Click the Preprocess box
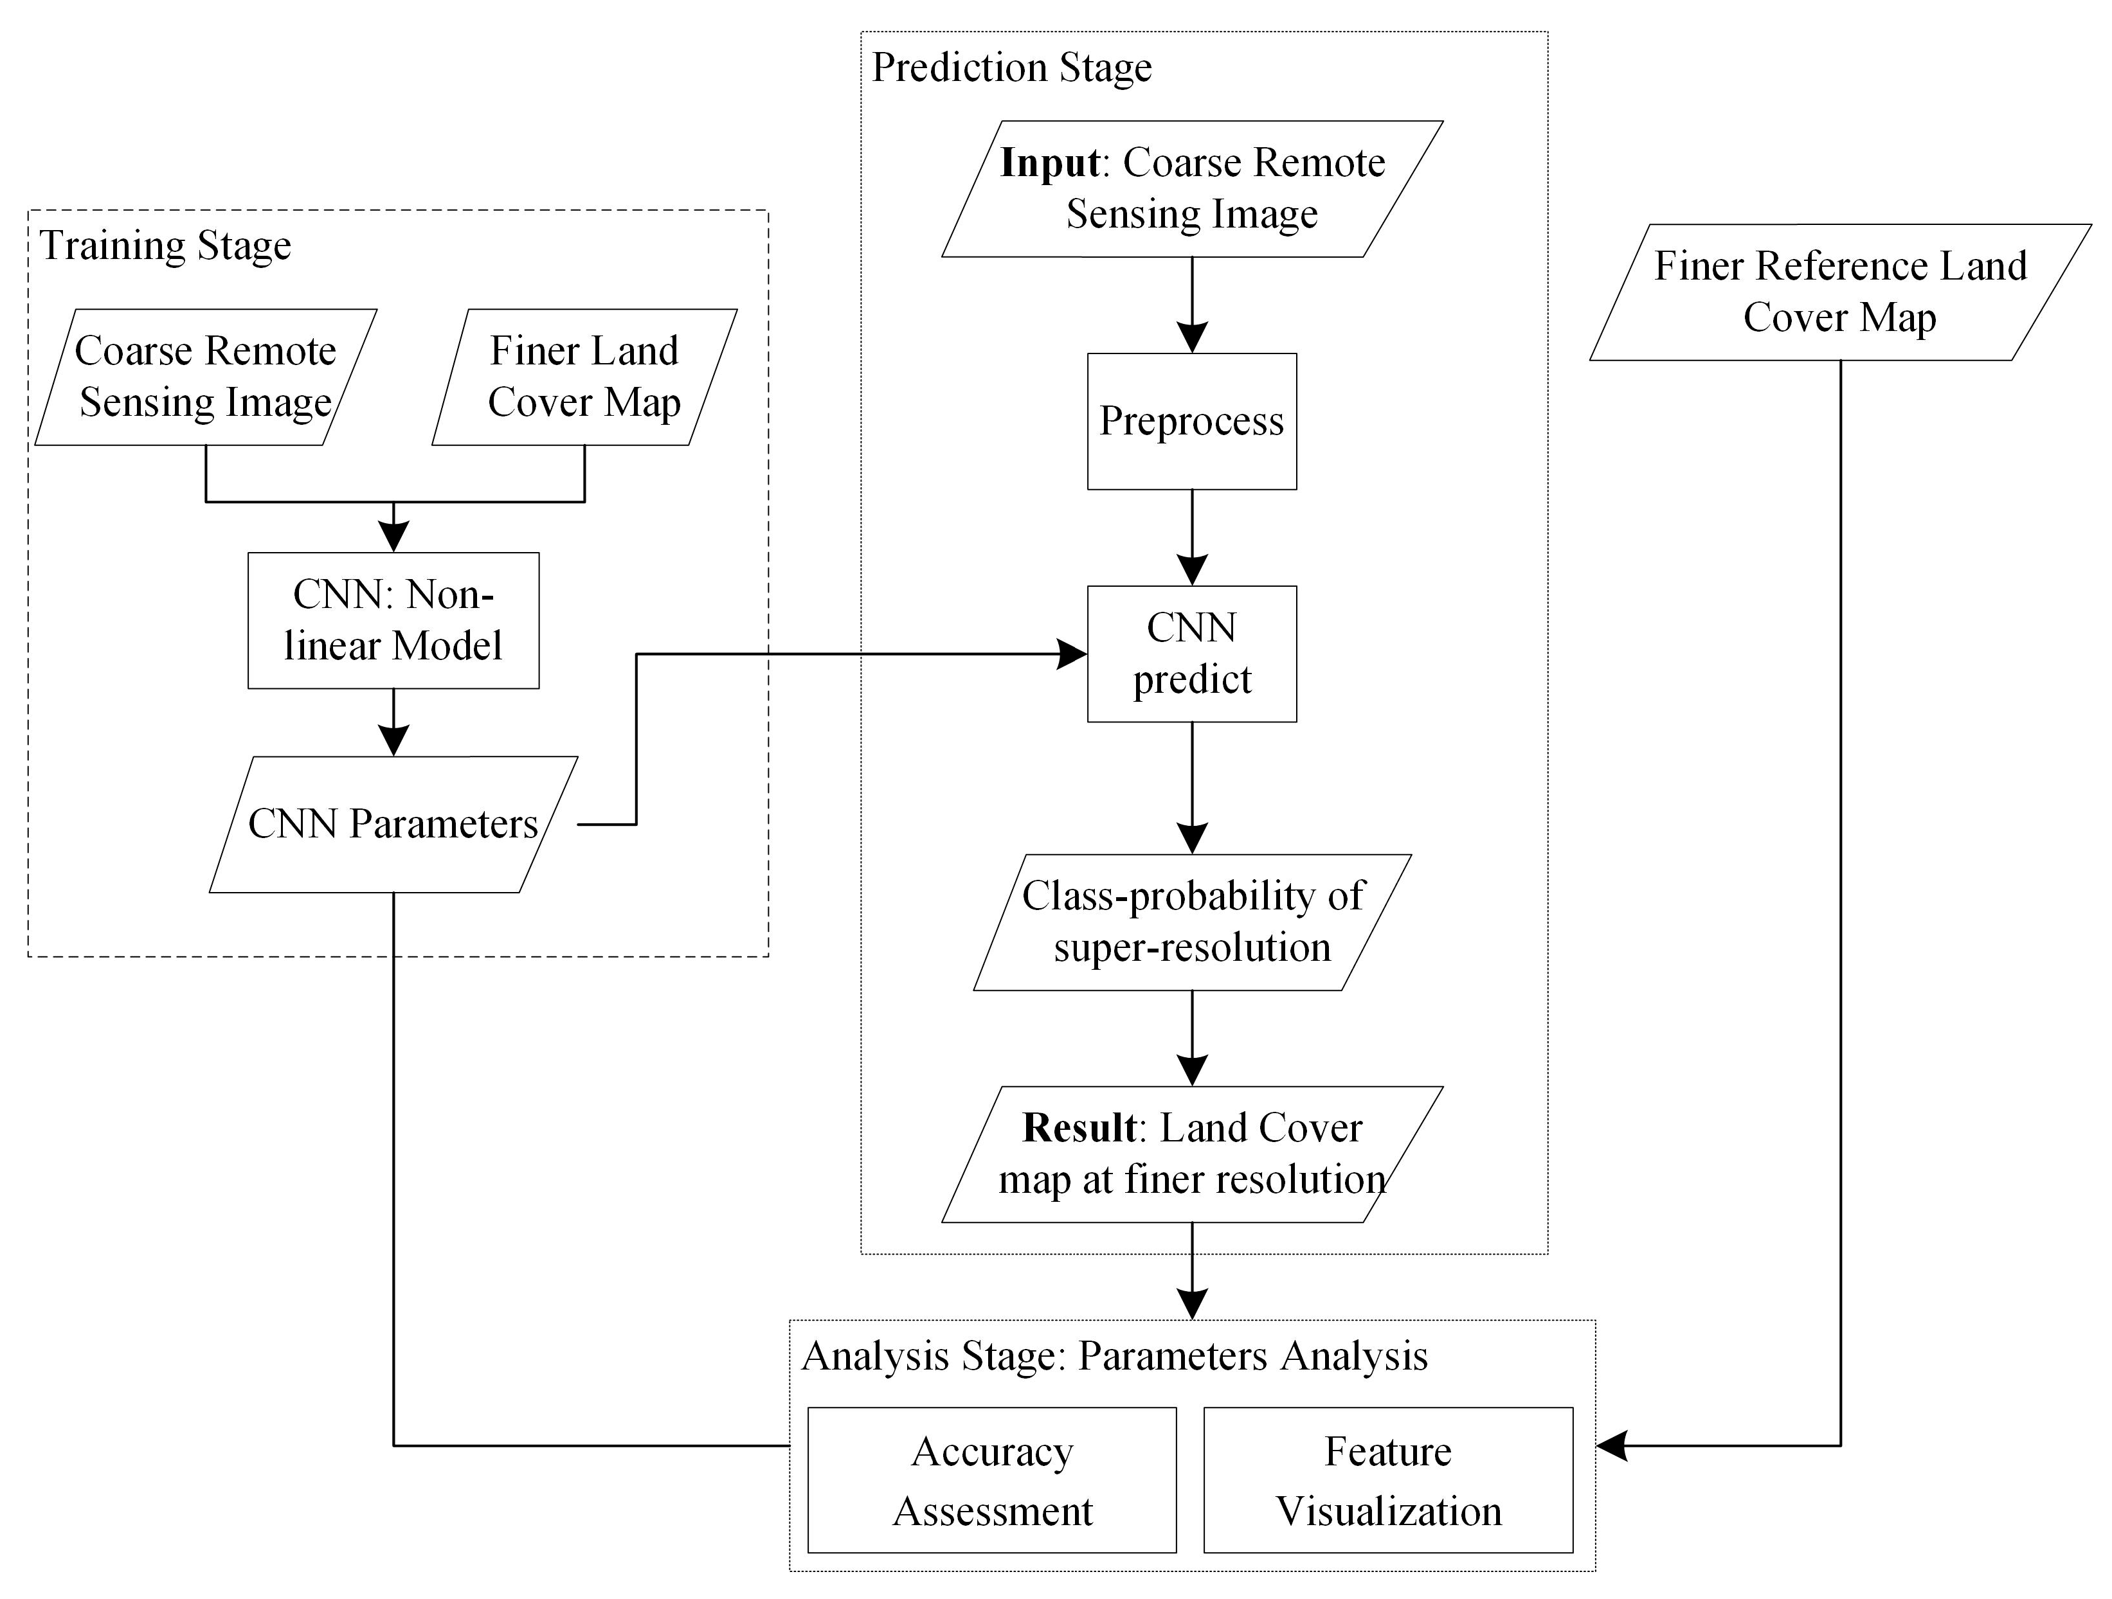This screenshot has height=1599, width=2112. (1191, 421)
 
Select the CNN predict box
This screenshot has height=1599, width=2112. (1191, 654)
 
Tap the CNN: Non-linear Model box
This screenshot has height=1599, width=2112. (393, 620)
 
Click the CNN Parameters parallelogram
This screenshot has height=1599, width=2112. (393, 824)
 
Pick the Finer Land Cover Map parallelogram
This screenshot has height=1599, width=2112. (584, 377)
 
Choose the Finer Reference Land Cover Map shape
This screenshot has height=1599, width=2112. (1840, 292)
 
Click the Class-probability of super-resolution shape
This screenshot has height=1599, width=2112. (1191, 922)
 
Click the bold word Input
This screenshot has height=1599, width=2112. (1049, 163)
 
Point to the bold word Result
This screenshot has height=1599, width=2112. (1079, 1129)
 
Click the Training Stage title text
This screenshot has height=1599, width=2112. (165, 246)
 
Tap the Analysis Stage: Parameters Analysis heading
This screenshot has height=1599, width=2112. (1114, 1355)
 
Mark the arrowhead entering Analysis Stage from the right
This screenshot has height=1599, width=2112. (1612, 1446)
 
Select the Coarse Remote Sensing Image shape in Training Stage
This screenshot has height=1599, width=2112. (205, 377)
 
